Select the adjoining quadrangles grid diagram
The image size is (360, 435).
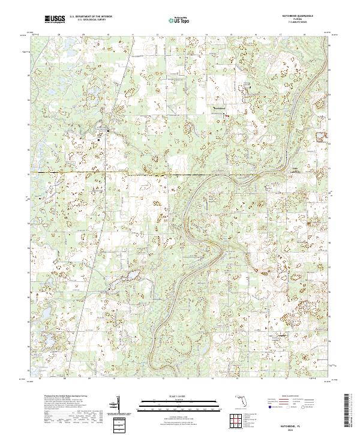point(236,419)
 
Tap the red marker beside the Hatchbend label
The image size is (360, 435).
point(227,109)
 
